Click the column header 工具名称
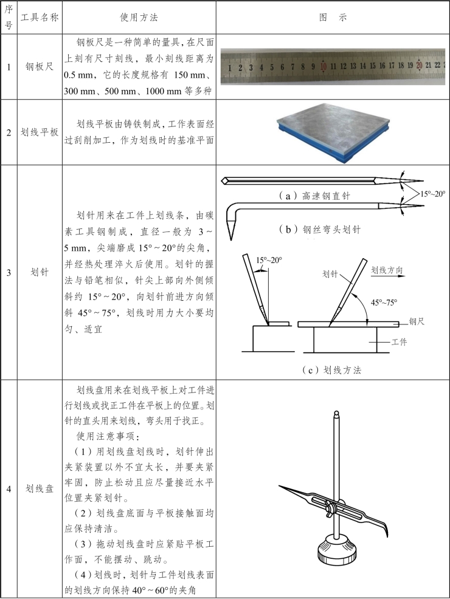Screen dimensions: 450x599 coord(40,18)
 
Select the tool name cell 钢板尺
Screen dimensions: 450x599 coord(40,67)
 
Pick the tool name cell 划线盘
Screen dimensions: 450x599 coord(40,488)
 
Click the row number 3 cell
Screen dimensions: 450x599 coord(9,273)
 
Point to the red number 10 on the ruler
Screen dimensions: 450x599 coord(324,66)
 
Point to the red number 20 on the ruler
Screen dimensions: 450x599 coord(419,65)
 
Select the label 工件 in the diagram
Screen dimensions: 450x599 coord(399,342)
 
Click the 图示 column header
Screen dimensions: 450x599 coord(333,18)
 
